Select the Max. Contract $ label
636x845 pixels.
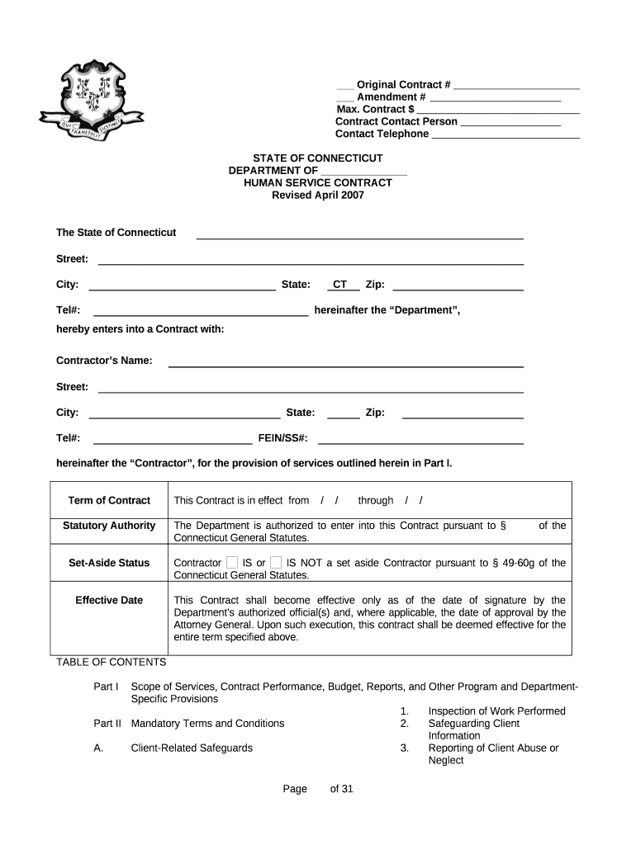click(x=375, y=109)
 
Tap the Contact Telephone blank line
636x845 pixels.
click(x=505, y=135)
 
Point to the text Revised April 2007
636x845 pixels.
click(x=318, y=196)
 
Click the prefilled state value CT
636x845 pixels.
click(x=339, y=285)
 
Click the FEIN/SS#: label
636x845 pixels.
click(x=283, y=437)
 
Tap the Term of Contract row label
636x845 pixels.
click(x=109, y=500)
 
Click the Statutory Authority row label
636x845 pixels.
click(x=109, y=526)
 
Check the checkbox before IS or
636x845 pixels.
click(x=232, y=563)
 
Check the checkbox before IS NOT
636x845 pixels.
click(x=276, y=563)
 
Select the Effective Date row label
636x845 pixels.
click(x=109, y=600)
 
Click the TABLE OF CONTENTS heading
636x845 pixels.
click(x=112, y=662)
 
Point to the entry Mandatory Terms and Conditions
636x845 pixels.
click(x=207, y=723)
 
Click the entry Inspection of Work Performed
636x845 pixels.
click(x=496, y=710)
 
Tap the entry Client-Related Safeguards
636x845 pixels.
click(x=192, y=748)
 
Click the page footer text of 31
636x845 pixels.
click(x=341, y=789)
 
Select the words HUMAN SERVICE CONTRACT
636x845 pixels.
click(x=318, y=182)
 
